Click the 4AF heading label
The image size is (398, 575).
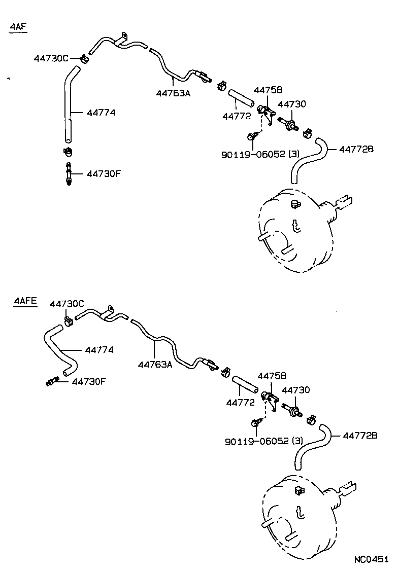click(18, 27)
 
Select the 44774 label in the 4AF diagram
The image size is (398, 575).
click(101, 113)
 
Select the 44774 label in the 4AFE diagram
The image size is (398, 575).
click(99, 350)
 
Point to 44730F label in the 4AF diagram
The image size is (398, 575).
click(104, 173)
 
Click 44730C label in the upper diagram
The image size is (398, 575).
click(51, 58)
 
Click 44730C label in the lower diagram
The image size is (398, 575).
click(67, 303)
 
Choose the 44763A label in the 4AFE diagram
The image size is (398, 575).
click(155, 364)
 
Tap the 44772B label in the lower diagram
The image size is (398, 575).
click(360, 435)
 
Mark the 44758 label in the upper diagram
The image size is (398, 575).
click(268, 90)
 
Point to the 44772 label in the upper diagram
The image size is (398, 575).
click(237, 116)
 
